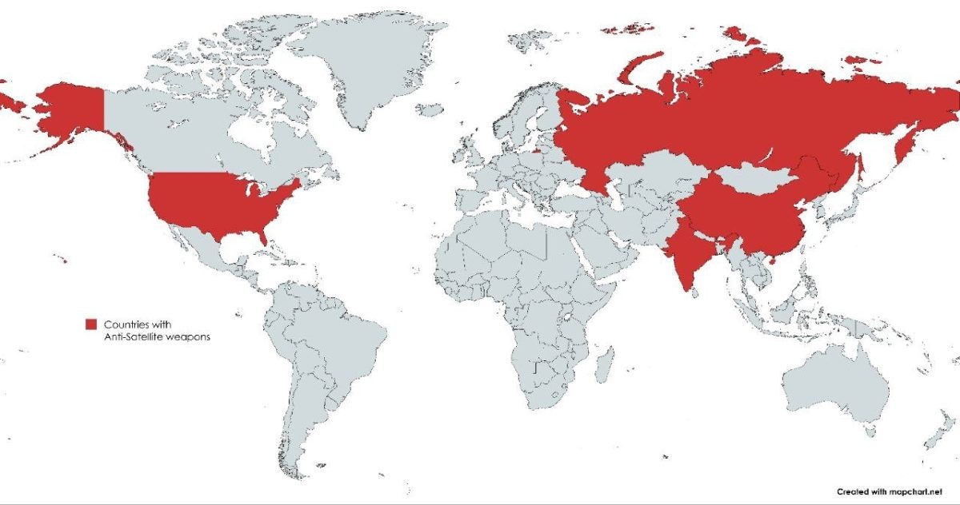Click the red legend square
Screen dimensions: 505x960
91,324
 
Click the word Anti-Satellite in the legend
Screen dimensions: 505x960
130,336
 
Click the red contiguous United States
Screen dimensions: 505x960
216,204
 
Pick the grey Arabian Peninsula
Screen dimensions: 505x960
596,256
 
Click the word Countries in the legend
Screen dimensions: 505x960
127,324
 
